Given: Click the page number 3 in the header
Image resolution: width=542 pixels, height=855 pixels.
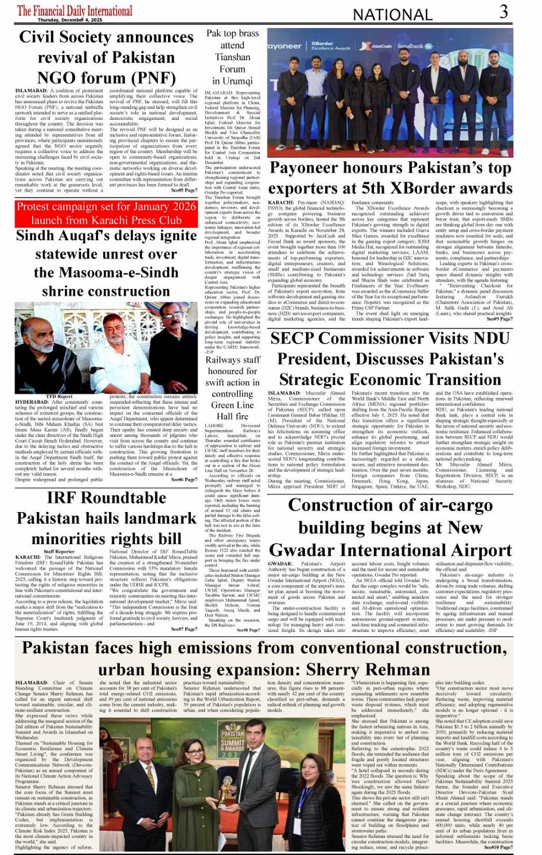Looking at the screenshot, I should click(x=503, y=12).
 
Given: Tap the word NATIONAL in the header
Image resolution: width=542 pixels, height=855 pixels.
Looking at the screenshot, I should click(x=392, y=15).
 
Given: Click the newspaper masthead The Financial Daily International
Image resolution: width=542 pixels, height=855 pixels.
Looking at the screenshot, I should click(x=75, y=10).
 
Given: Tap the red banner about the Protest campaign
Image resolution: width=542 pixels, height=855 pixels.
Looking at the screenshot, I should click(x=106, y=213).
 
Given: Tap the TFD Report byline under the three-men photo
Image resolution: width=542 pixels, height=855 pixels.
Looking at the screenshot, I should click(x=60, y=396).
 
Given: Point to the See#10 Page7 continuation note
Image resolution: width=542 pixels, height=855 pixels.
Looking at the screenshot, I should click(x=498, y=847).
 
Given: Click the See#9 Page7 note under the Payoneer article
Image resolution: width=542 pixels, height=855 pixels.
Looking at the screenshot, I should click(x=500, y=319).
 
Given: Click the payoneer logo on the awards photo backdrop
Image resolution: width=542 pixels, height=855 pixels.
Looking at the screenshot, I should click(x=285, y=46).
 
